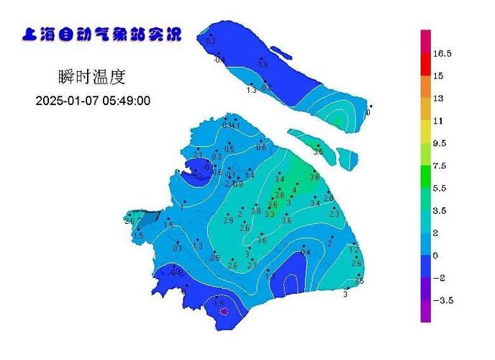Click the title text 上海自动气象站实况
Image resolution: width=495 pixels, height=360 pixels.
(102, 35)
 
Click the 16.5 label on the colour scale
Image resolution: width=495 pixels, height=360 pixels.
(442, 53)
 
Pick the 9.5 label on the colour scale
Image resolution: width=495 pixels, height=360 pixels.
(440, 143)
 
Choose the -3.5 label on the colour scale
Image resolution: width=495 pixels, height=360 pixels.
(441, 300)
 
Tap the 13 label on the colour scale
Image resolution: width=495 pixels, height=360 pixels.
(437, 98)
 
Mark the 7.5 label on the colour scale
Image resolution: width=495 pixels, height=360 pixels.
(439, 166)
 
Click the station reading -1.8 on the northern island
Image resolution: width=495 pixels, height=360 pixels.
(262, 64)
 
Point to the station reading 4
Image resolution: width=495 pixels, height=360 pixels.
(294, 190)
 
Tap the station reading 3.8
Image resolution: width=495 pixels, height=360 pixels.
(255, 211)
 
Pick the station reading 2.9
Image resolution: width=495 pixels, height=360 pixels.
(227, 220)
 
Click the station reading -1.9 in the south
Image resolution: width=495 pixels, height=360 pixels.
(219, 303)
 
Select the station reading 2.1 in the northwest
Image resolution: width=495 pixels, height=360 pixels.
(199, 154)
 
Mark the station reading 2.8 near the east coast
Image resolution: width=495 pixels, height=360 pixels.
(328, 198)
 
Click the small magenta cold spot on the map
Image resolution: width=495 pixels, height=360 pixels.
(224, 311)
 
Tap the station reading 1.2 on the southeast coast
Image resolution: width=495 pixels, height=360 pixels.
(353, 249)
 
